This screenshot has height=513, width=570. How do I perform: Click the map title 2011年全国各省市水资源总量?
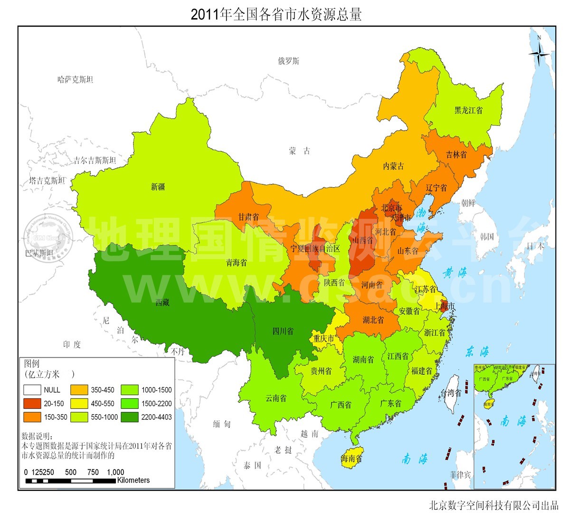(276, 14)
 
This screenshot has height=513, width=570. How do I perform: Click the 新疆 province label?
(158, 187)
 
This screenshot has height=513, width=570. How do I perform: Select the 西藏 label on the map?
(162, 303)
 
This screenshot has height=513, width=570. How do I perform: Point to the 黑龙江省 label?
(468, 110)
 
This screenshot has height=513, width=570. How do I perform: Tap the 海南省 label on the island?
(351, 459)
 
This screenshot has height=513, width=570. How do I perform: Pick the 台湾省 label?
(451, 393)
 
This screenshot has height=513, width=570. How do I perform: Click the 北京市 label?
(391, 208)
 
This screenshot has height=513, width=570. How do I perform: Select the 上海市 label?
(445, 306)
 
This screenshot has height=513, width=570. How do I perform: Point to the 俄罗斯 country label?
(289, 61)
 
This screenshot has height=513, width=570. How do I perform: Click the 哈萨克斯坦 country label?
(75, 79)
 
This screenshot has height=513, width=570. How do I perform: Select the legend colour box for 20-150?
(32, 403)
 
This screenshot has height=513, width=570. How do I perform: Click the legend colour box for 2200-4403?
(130, 417)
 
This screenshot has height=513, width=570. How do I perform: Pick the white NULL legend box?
(32, 389)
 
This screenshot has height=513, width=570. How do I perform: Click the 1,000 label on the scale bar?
(115, 472)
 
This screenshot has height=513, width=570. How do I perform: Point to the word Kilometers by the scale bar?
(133, 480)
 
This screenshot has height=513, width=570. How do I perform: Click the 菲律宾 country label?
(461, 475)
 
